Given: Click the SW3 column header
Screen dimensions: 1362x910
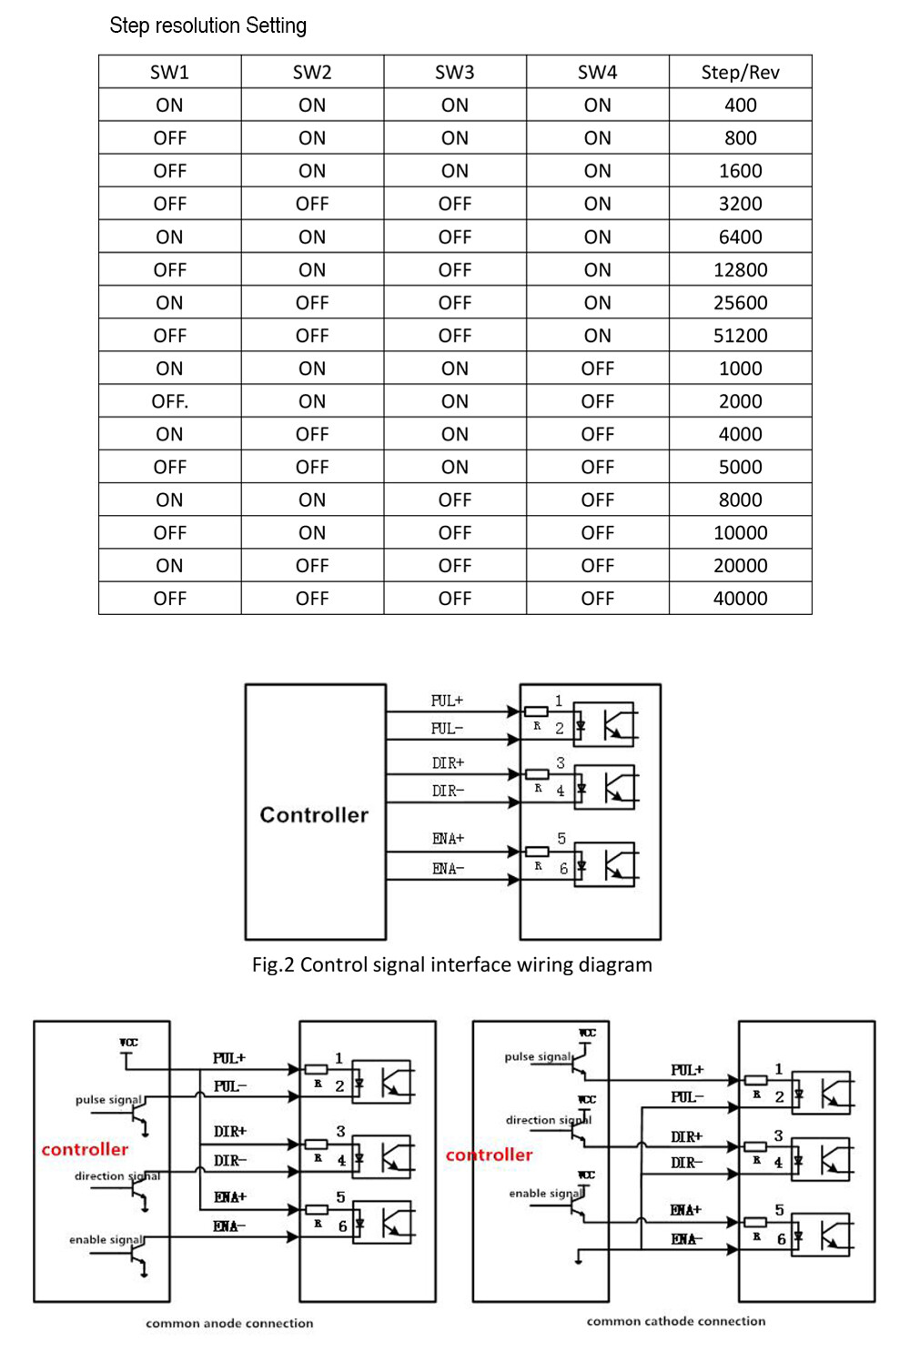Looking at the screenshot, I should [x=454, y=73].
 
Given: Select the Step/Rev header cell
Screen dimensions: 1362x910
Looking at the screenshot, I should [x=740, y=73].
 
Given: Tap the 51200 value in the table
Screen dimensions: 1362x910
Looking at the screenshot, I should [x=740, y=336].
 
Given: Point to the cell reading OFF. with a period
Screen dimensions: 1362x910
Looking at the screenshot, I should [x=170, y=401].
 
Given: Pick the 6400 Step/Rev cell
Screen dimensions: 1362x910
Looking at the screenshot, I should [x=740, y=237].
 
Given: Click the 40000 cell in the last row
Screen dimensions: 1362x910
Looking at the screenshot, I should [x=740, y=599].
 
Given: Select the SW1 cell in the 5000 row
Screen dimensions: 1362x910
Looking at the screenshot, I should [x=170, y=468].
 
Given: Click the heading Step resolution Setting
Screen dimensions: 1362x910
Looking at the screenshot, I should [x=207, y=25].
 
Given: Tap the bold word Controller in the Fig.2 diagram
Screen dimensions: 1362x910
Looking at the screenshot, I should [x=314, y=814].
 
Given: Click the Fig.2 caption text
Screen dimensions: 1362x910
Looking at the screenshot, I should [x=451, y=964].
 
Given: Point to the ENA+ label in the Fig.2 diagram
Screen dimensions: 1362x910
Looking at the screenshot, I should [x=448, y=839].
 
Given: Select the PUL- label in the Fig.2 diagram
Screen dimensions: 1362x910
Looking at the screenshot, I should [x=447, y=729].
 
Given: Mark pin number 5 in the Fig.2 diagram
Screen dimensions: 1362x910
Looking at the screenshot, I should [x=561, y=838].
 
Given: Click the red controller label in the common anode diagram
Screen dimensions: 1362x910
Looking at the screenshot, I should [x=85, y=1149].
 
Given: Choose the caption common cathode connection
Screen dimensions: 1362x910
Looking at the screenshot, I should [x=675, y=1321].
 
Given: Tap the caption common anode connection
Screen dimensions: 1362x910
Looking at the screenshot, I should [x=229, y=1324].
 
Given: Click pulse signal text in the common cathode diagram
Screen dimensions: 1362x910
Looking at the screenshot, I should [x=538, y=1056].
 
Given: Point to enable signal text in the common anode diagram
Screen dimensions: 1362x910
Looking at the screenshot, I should [x=106, y=1239].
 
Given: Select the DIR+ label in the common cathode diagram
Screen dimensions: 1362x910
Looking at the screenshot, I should [x=686, y=1136].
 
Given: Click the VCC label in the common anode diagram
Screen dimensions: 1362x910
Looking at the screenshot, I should [x=128, y=1043].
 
